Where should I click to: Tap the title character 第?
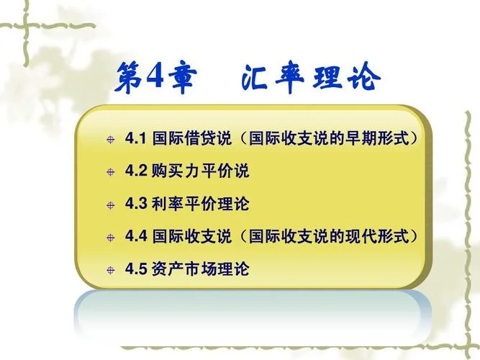tap(130, 77)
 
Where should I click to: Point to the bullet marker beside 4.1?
tap(111, 140)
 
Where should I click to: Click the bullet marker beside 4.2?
tap(111, 172)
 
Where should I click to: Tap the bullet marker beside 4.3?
tap(111, 205)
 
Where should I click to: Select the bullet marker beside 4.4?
tap(111, 238)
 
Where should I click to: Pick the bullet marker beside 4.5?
tap(111, 270)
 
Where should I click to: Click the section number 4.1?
tap(136, 138)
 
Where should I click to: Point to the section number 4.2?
tap(136, 171)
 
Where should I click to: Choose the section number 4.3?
tap(136, 204)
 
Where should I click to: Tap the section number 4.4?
tap(136, 236)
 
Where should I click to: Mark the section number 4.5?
tap(136, 269)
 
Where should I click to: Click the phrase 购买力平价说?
tap(201, 171)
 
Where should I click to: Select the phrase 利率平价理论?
tap(201, 204)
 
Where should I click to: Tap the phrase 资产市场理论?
tap(201, 269)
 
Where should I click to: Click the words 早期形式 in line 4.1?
tap(377, 138)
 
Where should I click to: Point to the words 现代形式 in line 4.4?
tap(377, 236)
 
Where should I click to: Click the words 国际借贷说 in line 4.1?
tap(192, 138)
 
